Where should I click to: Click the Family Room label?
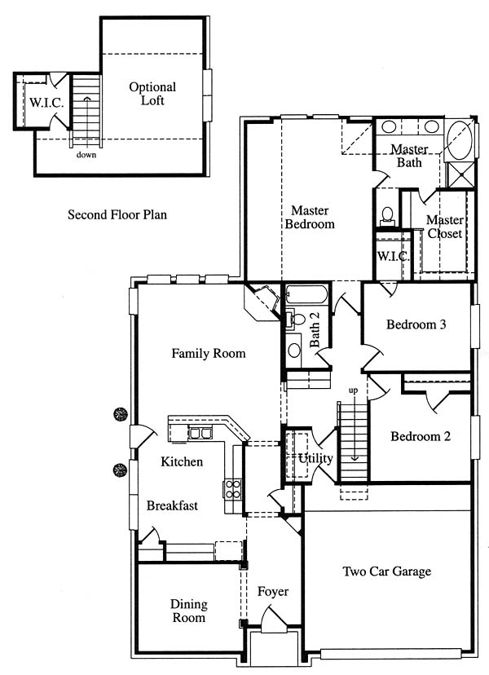(x=209, y=354)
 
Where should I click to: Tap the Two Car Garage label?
(x=386, y=571)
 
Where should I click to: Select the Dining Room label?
(x=188, y=611)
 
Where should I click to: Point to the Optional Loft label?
(x=152, y=94)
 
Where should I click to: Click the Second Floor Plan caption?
(x=117, y=214)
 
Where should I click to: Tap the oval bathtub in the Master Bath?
(x=460, y=140)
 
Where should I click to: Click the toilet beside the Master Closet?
(x=387, y=216)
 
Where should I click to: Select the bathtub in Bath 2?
(x=306, y=294)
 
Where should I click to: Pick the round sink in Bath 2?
(x=294, y=350)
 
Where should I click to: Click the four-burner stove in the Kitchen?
(x=232, y=489)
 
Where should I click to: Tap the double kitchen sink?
(x=200, y=432)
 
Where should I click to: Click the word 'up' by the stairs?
(x=353, y=390)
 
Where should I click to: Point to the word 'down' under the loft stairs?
(x=86, y=155)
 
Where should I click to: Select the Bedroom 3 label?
(x=416, y=324)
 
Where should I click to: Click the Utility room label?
(x=315, y=458)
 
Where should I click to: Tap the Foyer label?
(x=273, y=592)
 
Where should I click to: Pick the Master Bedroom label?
(x=310, y=217)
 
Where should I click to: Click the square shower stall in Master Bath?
(x=462, y=174)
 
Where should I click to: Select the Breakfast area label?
(x=172, y=505)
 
